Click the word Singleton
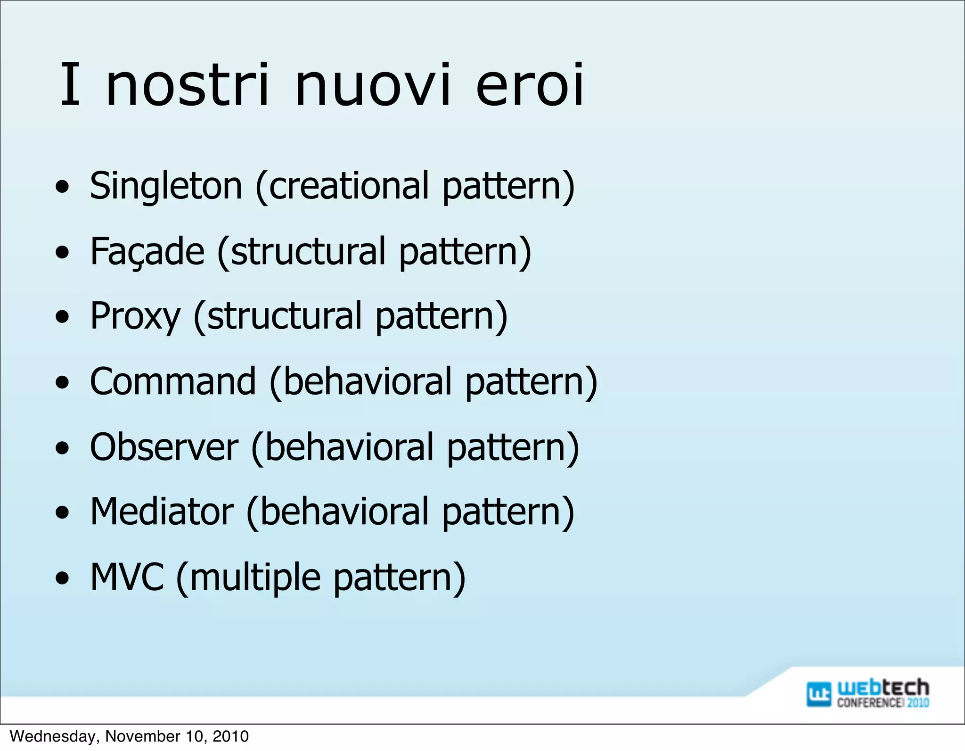point(166,186)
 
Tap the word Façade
point(147,252)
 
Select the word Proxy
point(135,316)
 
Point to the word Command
point(173,381)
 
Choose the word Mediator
point(162,512)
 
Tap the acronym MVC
point(127,577)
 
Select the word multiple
point(255,578)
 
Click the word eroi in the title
point(530,86)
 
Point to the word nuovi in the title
point(372,86)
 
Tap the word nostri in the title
point(188,86)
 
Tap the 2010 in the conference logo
point(918,702)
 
